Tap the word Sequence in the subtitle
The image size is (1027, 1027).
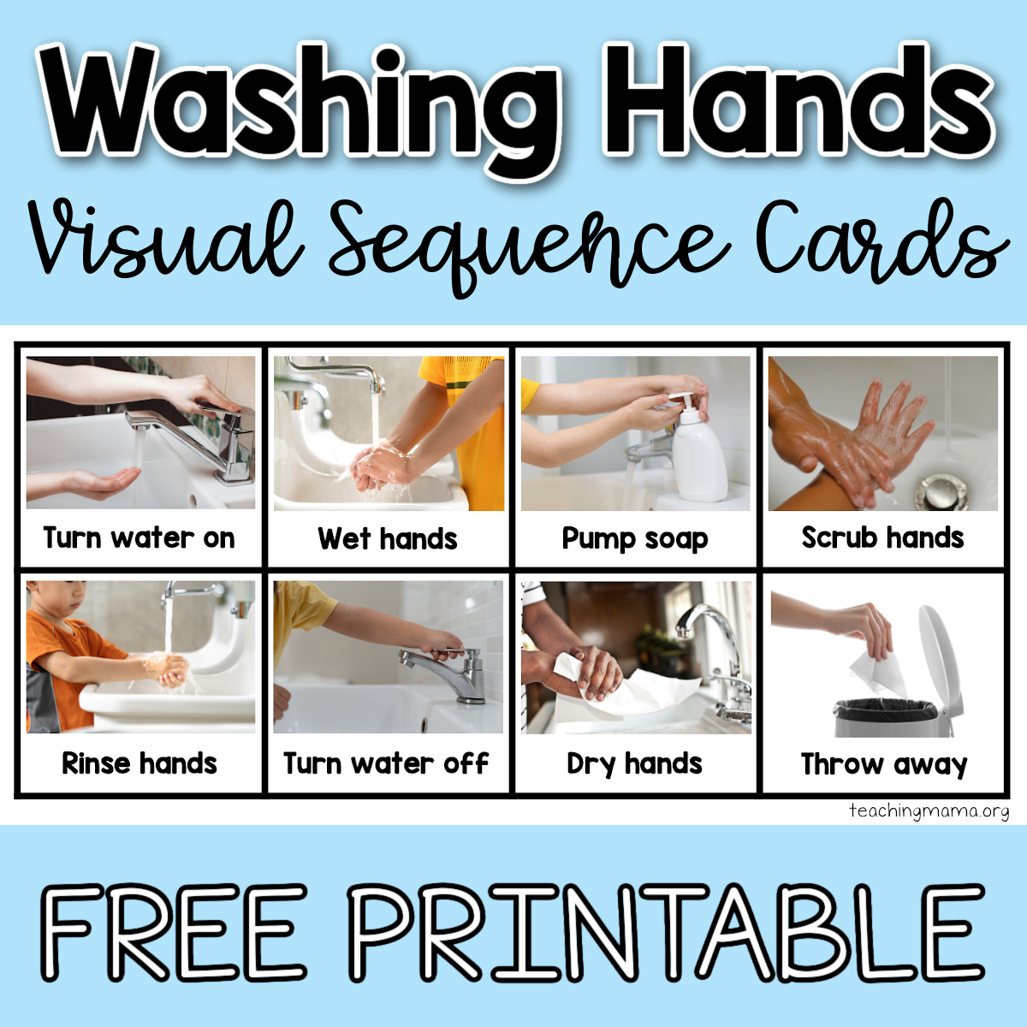tap(522, 244)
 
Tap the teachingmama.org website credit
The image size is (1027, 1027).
tap(929, 810)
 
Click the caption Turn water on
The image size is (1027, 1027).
tap(140, 538)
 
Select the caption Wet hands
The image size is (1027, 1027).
tap(388, 539)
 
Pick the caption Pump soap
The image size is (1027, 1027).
tap(635, 539)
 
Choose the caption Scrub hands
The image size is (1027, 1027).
tap(882, 538)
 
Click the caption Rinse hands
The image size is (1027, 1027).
tap(140, 763)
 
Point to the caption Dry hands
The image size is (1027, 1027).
tap(634, 763)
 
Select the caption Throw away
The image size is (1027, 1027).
tap(883, 763)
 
